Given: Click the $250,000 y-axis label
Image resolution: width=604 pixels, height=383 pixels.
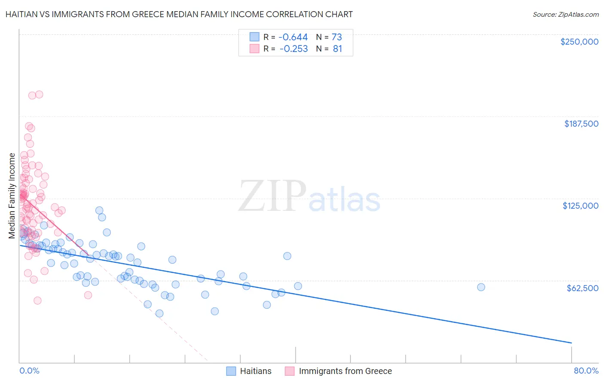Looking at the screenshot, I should [x=579, y=42].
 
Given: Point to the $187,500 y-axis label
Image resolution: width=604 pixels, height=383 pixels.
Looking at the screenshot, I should [x=581, y=124].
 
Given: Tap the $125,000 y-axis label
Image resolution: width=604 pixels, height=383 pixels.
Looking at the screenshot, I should [x=580, y=206].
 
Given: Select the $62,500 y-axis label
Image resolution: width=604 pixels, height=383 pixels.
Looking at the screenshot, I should [x=582, y=288].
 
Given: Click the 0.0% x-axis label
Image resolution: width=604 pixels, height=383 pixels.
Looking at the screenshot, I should [x=30, y=371].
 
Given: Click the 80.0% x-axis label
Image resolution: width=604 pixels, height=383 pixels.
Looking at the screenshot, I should [x=586, y=371].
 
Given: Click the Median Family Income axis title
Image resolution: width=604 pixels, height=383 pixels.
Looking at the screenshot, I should [x=12, y=195].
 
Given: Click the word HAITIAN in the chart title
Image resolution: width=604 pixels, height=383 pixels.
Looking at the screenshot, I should [x=21, y=14].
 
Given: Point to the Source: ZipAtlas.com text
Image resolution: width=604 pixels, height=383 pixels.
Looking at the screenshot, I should [x=565, y=14].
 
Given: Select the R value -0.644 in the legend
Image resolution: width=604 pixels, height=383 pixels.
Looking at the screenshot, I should [x=293, y=37].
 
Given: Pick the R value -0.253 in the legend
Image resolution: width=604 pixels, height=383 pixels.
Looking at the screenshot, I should [x=293, y=49].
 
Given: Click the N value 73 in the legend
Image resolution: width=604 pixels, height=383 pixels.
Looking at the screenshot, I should [x=337, y=37].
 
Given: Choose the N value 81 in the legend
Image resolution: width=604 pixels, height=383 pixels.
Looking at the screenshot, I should [x=337, y=49].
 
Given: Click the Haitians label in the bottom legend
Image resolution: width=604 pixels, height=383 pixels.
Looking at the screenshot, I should [x=256, y=371].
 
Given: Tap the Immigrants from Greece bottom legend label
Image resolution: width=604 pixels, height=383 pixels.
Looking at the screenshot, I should [x=345, y=371].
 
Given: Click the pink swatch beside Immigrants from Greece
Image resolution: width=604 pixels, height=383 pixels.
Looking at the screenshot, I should [x=290, y=371].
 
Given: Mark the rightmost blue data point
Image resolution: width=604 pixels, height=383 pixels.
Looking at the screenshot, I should [x=481, y=287].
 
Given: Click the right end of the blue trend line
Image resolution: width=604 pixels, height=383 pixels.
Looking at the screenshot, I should [x=571, y=343].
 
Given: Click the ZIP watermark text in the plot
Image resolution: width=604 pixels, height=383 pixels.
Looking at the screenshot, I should [x=272, y=196].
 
